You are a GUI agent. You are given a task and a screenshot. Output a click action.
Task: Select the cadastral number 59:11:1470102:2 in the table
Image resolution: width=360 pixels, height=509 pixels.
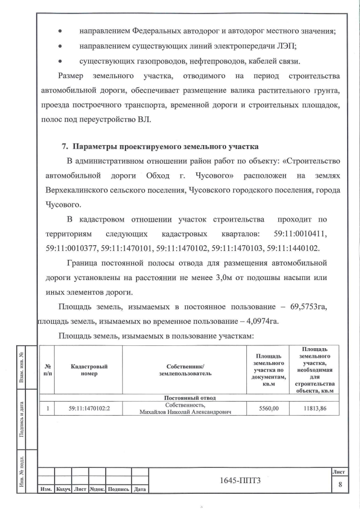89,409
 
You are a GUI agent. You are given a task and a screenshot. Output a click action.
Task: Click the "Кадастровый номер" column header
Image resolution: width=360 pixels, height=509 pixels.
89,370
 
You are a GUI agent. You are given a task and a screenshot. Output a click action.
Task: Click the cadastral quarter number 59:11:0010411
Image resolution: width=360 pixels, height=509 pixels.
304,233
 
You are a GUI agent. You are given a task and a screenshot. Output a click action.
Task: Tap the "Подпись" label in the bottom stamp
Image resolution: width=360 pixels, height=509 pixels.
118,489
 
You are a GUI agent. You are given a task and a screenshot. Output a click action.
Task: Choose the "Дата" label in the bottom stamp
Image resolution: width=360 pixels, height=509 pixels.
139,489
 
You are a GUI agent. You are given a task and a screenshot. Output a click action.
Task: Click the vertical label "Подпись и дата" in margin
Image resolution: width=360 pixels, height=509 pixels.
21,418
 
